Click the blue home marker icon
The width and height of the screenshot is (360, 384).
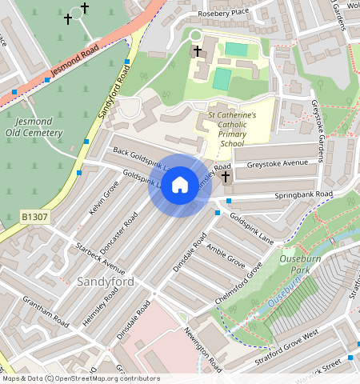click(x=180, y=185)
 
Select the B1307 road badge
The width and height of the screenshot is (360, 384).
click(x=34, y=217)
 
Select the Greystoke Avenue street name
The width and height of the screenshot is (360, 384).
click(x=278, y=163)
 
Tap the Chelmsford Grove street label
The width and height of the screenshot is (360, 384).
click(x=238, y=283)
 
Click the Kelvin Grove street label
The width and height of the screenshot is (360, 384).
click(x=104, y=197)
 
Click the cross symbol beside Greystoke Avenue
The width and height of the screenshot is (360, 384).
click(x=226, y=176)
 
